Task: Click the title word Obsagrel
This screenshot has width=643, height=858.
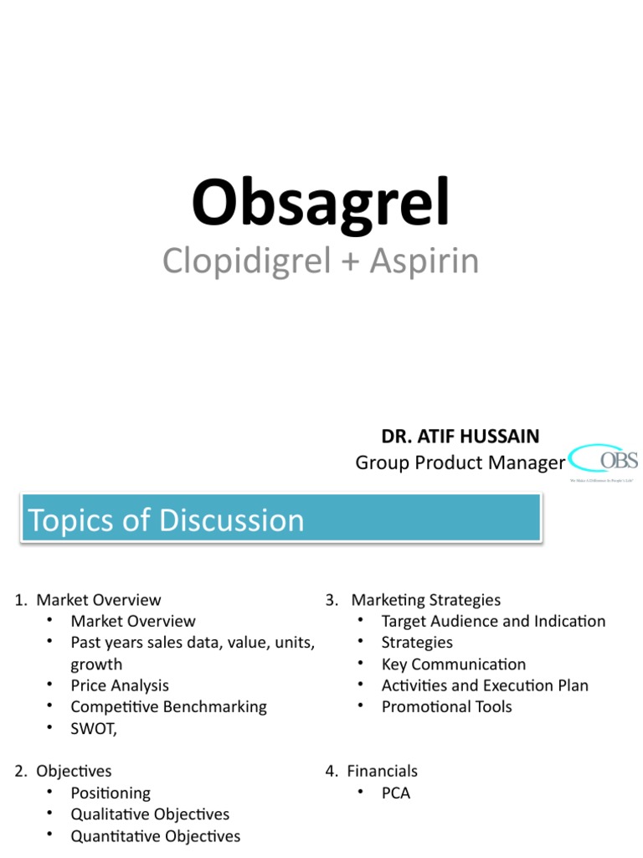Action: coord(321,203)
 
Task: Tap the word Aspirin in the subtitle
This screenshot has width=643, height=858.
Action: coord(425,261)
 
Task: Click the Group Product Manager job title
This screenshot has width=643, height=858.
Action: coord(460,463)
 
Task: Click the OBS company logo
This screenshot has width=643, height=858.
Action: coord(604,463)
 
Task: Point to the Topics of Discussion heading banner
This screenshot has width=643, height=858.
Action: coord(280,519)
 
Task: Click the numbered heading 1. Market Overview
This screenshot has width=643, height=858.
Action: coord(88,600)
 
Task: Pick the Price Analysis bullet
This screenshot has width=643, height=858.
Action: coord(120,685)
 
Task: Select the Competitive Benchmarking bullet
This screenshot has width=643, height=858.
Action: coord(168,706)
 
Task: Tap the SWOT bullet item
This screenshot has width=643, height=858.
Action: coord(94,728)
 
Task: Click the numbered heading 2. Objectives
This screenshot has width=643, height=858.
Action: coord(64,771)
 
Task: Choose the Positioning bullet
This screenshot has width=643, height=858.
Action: coord(111,793)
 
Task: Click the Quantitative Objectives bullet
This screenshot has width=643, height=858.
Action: coord(155,835)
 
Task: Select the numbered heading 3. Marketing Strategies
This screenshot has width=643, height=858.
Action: coord(414,600)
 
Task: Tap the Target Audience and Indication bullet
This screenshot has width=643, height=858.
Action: coord(493,621)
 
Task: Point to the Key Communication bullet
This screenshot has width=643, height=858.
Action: coord(453,664)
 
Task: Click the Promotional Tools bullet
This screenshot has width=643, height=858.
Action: coord(446,706)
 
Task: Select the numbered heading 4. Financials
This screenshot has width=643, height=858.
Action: coord(372,771)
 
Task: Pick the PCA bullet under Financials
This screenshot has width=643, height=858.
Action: coord(395,793)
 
